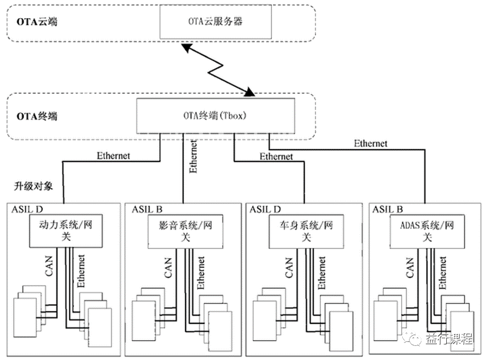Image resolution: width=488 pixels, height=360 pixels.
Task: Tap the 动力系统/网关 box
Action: pyautogui.click(x=61, y=231)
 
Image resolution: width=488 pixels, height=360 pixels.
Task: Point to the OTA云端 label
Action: pyautogui.click(x=33, y=23)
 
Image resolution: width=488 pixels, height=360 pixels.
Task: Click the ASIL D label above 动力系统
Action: pyautogui.click(x=27, y=209)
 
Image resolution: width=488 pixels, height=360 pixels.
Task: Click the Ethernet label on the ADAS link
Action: pyautogui.click(x=371, y=143)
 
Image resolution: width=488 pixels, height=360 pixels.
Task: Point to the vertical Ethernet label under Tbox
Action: pyautogui.click(x=194, y=155)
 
